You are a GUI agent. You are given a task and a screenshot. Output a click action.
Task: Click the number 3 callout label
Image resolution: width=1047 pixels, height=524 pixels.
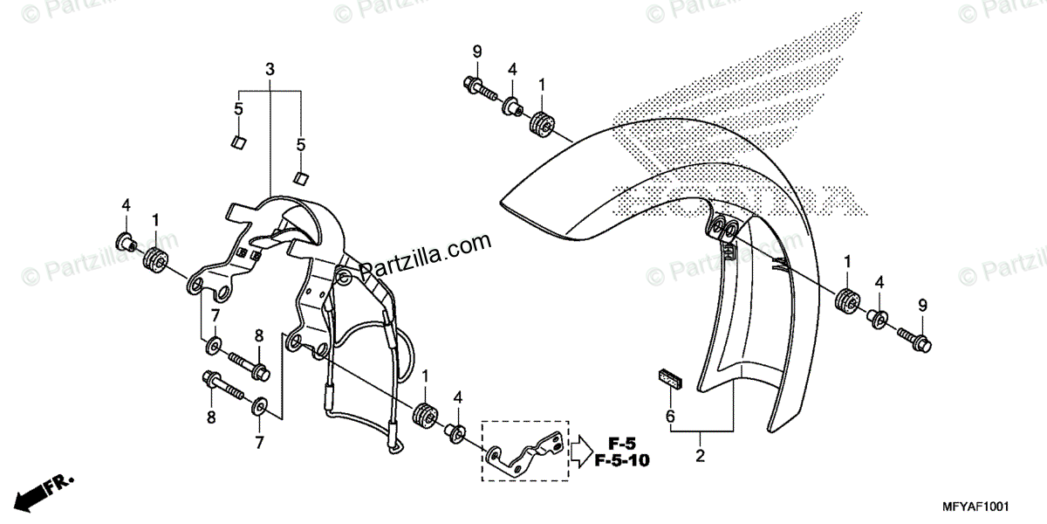point(270,68)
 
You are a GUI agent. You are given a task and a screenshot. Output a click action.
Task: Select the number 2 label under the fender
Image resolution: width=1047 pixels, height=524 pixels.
point(699,454)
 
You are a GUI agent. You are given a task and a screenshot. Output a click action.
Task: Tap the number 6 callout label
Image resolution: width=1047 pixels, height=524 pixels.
point(670,417)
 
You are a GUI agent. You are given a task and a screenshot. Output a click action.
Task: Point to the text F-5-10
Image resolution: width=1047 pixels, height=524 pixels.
point(622,459)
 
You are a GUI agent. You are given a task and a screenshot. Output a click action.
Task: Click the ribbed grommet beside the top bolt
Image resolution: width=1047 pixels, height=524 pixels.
point(543,124)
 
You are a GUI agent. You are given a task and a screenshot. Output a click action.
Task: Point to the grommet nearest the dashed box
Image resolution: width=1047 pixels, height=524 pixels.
point(426,416)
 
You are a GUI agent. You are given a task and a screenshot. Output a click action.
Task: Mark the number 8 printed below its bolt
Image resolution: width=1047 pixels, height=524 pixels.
point(210,417)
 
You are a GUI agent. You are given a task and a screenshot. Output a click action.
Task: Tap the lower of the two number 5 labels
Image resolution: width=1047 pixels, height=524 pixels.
point(302,144)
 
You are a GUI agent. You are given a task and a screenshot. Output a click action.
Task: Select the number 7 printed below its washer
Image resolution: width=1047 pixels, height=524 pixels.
point(259,443)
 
